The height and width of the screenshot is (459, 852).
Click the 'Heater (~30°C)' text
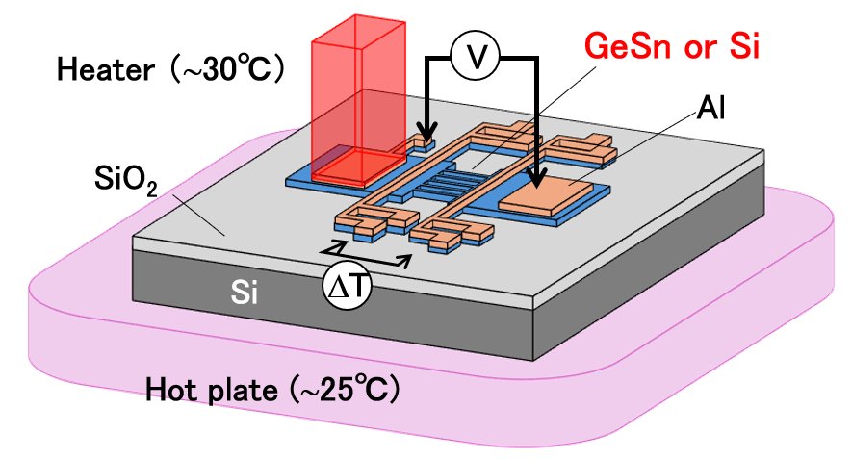point(169,70)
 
